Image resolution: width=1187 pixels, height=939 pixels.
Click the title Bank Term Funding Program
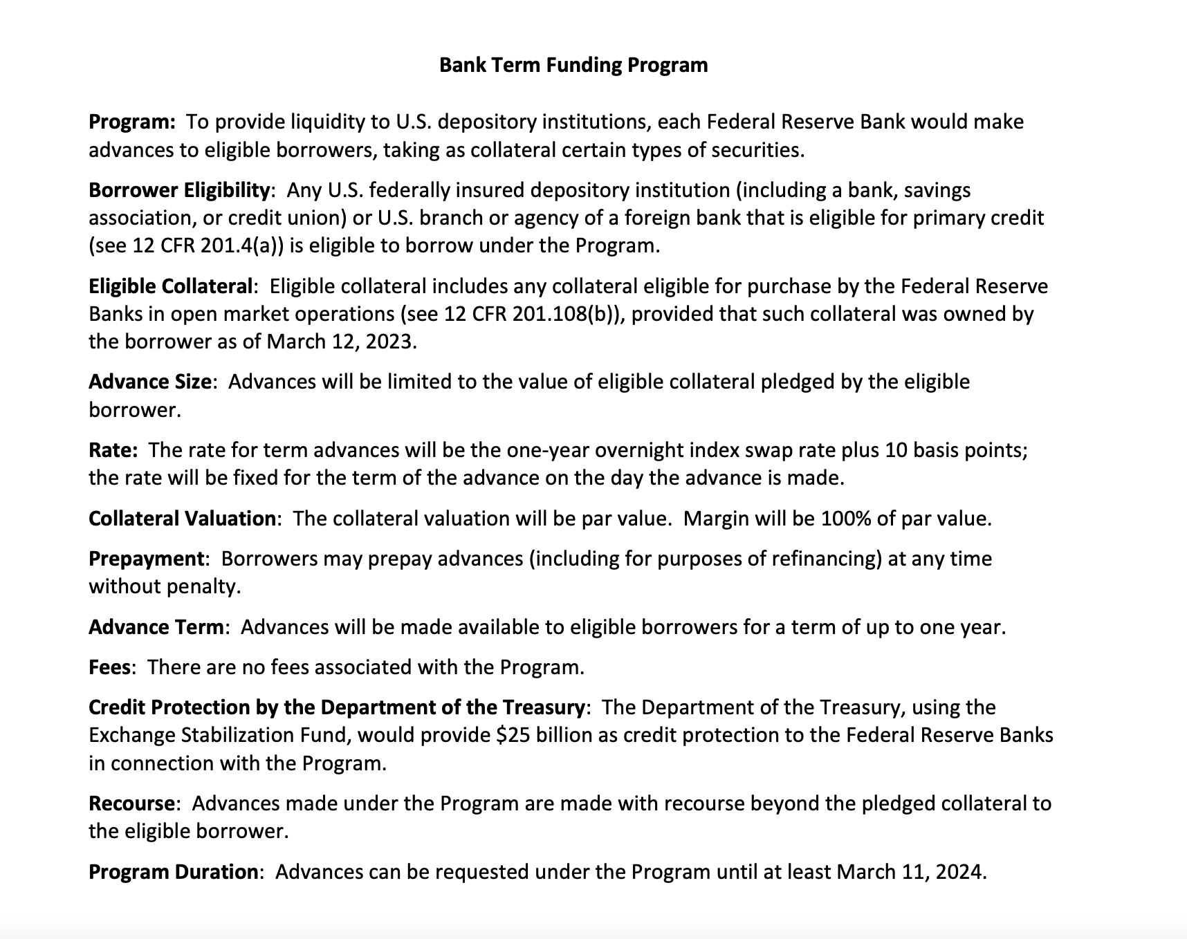click(573, 65)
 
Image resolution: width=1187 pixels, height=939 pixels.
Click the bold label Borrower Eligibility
click(178, 190)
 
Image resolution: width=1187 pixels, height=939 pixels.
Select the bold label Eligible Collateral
click(171, 286)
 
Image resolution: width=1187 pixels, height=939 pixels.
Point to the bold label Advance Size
click(149, 382)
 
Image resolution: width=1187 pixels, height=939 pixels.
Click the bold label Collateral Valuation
click(182, 519)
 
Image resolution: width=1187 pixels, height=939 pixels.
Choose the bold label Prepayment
click(146, 559)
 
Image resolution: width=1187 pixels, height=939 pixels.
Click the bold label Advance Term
click(156, 627)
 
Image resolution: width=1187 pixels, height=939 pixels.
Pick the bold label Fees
click(109, 667)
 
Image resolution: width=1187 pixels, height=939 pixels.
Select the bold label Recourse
click(131, 803)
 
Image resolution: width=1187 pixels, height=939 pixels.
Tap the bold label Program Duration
click(173, 871)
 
